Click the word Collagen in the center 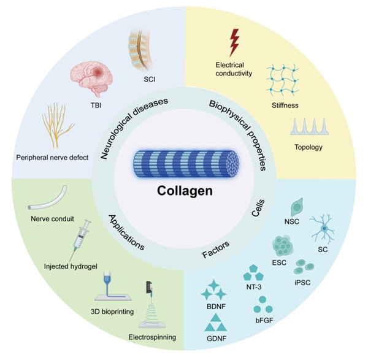tap(183, 191)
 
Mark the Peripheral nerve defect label tap(53, 157)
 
